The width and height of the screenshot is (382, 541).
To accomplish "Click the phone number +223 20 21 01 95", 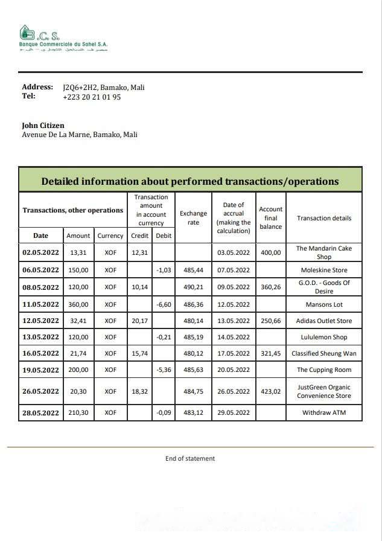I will tap(92, 97).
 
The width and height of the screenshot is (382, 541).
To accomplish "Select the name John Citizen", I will tap(43, 126).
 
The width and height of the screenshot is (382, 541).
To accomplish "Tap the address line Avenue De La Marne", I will tap(80, 135).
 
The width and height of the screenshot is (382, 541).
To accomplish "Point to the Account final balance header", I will tap(270, 218).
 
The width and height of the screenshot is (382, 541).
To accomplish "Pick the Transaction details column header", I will tap(324, 218).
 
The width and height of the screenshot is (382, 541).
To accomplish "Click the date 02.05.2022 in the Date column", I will tap(40, 252).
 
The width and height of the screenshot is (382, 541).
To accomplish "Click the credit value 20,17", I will tap(139, 321).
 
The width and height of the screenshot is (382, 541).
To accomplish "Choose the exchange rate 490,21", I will tap(193, 287).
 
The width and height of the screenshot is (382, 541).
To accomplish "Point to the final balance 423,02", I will tap(270, 391).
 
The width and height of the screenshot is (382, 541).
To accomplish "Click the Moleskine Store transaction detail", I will tap(324, 270).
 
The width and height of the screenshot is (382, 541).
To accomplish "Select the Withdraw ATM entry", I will tap(324, 413).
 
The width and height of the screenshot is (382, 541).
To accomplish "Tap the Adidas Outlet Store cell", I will tap(324, 321).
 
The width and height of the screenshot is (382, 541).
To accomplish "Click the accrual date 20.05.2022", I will tap(234, 370).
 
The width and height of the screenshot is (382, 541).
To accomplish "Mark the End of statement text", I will tap(190, 458).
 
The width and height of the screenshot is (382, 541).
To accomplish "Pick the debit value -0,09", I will tap(164, 413).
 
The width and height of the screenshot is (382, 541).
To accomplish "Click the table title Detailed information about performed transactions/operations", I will tap(190, 181).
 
